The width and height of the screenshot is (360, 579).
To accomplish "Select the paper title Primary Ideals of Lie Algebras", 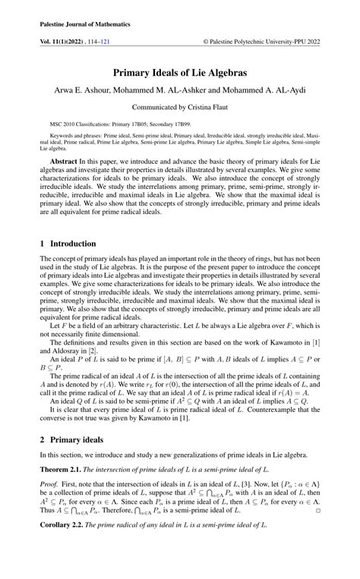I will [180, 74].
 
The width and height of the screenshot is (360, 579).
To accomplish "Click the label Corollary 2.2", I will [62, 546].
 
